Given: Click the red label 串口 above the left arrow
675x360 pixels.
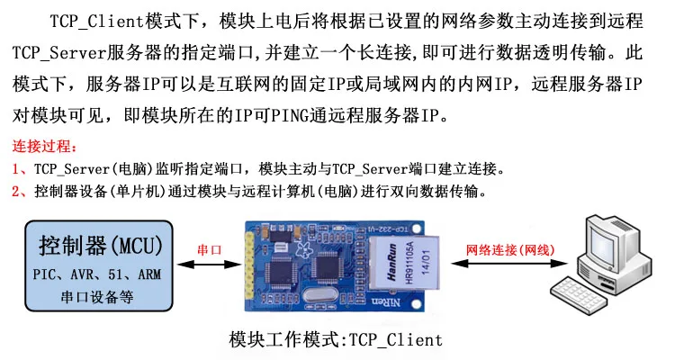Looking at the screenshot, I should (x=210, y=249).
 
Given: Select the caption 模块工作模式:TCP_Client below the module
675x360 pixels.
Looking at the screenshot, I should (x=337, y=339).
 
